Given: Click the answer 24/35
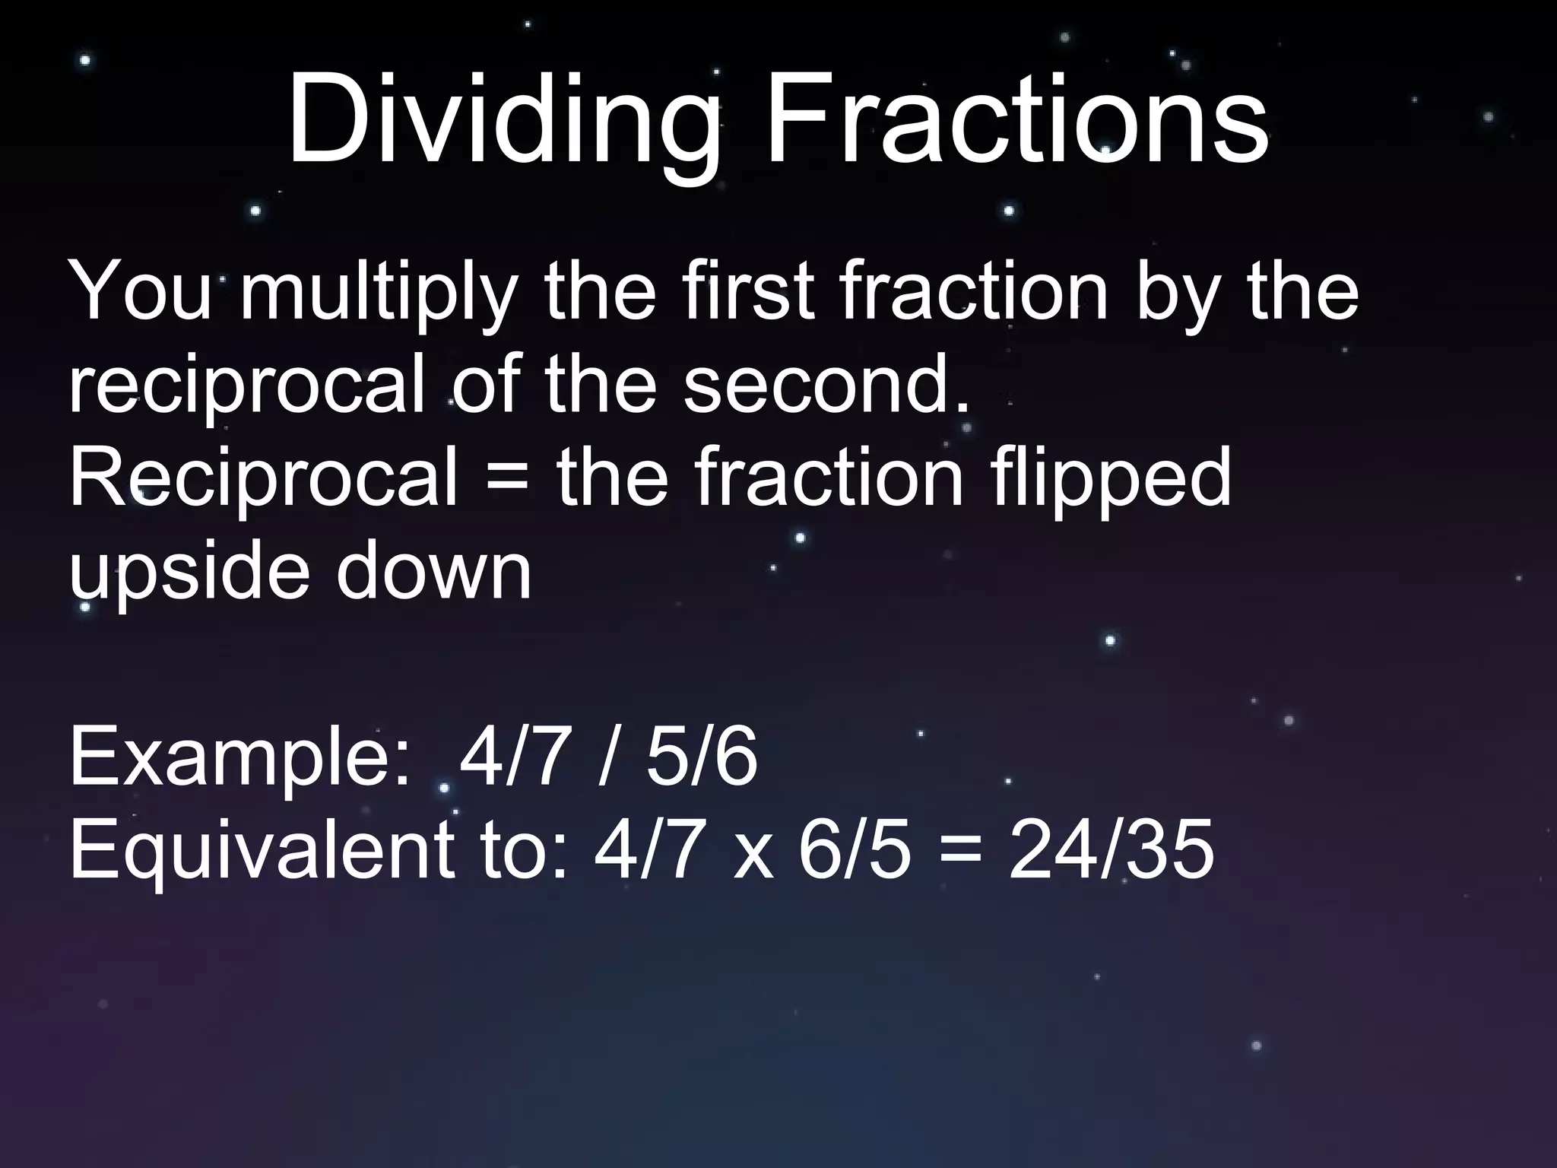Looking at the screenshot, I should [x=1111, y=849].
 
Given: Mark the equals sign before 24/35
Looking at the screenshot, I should [x=958, y=851].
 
